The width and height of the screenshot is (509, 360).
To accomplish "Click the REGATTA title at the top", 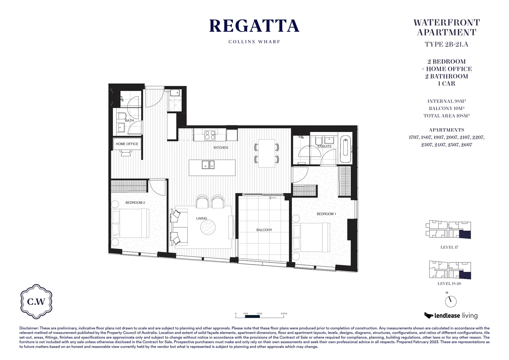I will [254, 26].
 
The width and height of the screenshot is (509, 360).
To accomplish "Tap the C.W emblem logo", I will [36, 302].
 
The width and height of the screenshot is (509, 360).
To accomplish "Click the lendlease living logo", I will [451, 315].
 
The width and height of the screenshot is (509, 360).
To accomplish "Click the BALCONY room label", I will [264, 230].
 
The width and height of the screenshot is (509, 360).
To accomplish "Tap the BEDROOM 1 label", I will [326, 214].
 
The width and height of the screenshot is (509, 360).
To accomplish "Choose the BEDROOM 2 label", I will [135, 203].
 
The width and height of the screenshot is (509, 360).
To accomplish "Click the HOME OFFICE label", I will [127, 144].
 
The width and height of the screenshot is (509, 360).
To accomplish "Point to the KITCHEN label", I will [221, 148].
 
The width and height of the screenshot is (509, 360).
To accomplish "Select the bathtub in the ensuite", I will [346, 149].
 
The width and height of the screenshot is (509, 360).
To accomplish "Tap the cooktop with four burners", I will [210, 135].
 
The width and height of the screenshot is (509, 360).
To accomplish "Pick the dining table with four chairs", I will [266, 153].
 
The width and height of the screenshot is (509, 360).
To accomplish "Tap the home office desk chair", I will [126, 152].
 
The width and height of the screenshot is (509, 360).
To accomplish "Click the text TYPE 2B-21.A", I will [446, 44].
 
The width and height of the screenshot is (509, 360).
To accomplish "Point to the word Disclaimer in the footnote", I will [29, 328].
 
